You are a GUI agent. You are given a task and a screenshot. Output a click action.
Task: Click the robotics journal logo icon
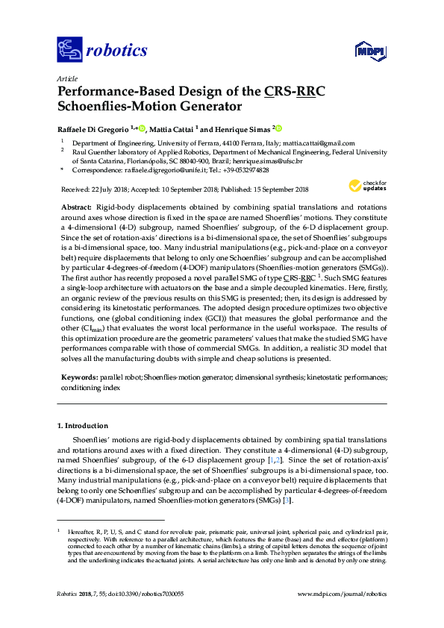tap(69, 50)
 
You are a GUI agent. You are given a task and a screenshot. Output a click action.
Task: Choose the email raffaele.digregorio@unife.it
tap(162, 170)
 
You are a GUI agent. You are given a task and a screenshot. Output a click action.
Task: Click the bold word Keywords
tap(79, 378)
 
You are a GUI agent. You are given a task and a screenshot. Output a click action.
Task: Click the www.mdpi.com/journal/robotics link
tap(342, 594)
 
